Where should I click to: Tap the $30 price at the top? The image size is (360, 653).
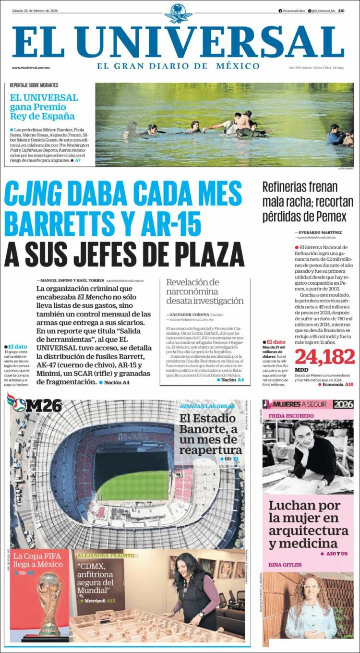click(341, 11)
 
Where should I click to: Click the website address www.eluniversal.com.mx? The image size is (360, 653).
click(31, 68)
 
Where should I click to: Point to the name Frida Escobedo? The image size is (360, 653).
click(291, 415)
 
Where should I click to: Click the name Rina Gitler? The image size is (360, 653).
click(285, 565)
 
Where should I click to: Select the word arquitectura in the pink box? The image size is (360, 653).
click(308, 531)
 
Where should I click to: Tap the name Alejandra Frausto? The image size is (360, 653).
click(106, 556)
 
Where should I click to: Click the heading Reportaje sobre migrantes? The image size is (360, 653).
click(34, 85)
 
